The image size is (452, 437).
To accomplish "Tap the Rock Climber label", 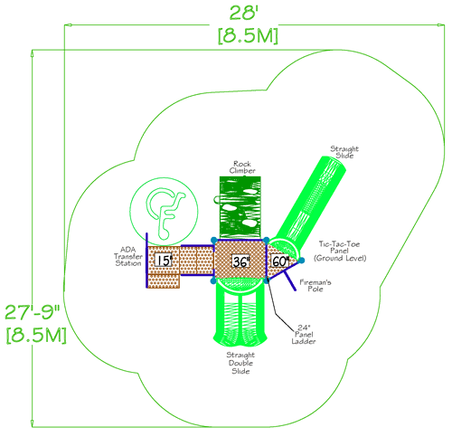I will click(x=241, y=166).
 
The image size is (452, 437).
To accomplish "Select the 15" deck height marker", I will click(x=164, y=261).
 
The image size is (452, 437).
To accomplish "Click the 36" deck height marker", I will click(x=240, y=261).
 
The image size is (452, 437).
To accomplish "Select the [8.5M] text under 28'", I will click(x=247, y=35).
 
